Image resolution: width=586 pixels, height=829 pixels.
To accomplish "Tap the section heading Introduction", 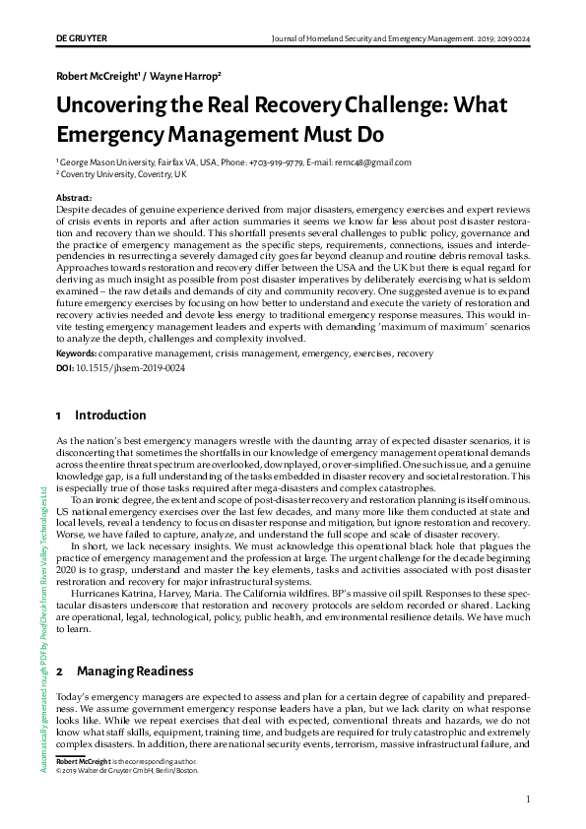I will click(110, 415).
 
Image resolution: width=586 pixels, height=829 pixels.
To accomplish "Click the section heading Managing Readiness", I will click(135, 670).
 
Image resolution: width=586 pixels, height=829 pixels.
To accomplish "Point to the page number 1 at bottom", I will click(529, 798).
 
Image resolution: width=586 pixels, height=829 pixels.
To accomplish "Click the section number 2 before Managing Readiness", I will click(59, 670).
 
